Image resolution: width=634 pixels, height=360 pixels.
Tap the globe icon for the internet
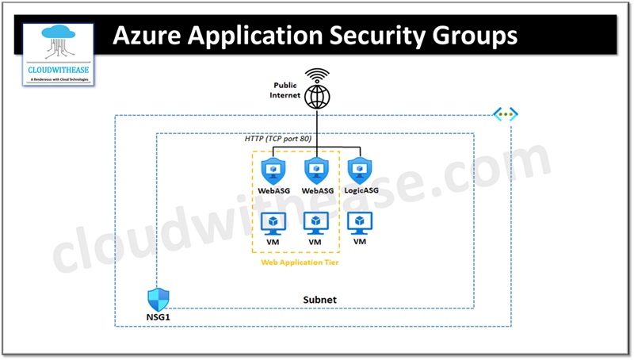(x=318, y=97)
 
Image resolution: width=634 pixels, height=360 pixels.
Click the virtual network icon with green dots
(x=505, y=115)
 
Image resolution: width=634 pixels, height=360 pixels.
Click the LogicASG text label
(x=361, y=191)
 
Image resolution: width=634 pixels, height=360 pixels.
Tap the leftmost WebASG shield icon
(x=273, y=169)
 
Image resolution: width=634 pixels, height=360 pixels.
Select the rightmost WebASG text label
(x=316, y=191)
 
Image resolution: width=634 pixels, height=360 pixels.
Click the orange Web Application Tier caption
(x=296, y=262)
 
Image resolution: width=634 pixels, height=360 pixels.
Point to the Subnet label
(x=320, y=301)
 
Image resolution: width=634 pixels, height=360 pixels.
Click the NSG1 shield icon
(x=158, y=300)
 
